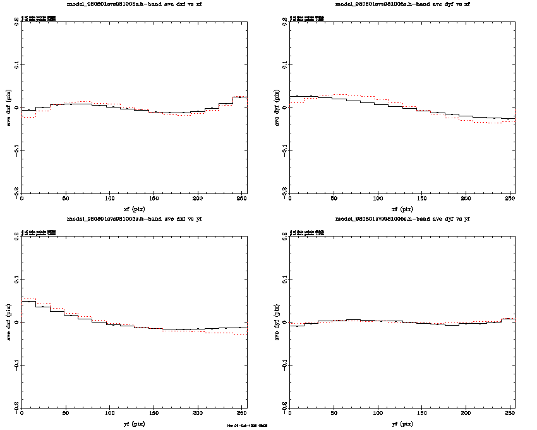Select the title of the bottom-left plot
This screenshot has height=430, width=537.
pyautogui.click(x=134, y=218)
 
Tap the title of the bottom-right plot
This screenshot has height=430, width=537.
pyautogui.click(x=402, y=218)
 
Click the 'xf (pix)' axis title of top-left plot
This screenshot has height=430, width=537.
pyautogui.click(x=134, y=208)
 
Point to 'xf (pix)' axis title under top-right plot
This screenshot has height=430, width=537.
pyautogui.click(x=402, y=208)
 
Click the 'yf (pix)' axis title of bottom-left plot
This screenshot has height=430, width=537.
pyautogui.click(x=134, y=423)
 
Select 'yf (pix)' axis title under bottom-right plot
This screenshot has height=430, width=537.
pyautogui.click(x=402, y=423)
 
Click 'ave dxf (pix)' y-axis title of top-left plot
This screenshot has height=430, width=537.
pyautogui.click(x=9, y=107)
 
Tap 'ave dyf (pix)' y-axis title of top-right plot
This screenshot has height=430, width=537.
pyautogui.click(x=277, y=107)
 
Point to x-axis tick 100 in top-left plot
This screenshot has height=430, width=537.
pyautogui.click(x=110, y=199)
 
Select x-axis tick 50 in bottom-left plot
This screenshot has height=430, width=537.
pyautogui.click(x=66, y=414)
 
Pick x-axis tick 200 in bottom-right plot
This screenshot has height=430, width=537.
pyautogui.click(x=466, y=414)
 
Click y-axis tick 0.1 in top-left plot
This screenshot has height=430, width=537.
pyautogui.click(x=17, y=64)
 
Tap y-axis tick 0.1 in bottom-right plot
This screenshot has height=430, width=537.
pyautogui.click(x=285, y=279)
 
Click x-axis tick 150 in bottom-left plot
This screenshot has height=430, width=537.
pyautogui.click(x=154, y=414)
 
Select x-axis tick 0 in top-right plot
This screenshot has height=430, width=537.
pyautogui.click(x=290, y=199)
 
